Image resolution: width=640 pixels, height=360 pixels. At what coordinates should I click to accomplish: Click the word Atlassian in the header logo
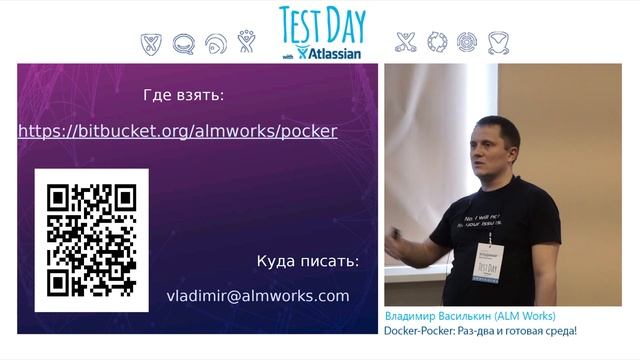336,53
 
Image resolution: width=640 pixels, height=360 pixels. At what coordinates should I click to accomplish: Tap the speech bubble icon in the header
183,44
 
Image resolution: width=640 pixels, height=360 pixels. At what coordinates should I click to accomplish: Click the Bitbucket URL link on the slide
177,131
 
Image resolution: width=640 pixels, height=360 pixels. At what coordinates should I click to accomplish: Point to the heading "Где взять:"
184,96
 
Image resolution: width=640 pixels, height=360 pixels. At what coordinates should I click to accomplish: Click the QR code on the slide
92,239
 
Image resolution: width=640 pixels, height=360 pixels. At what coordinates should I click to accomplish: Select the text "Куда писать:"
307,262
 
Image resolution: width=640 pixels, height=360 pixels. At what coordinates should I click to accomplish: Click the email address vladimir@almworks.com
258,296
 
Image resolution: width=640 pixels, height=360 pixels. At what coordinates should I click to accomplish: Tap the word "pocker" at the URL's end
310,131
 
